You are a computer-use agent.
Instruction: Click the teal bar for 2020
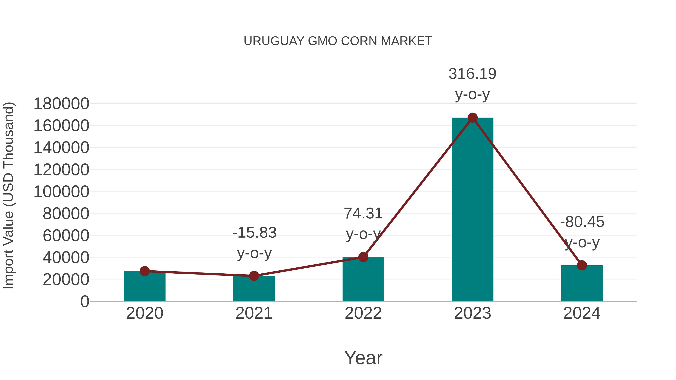[145, 287]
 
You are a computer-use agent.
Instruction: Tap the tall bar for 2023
[472, 210]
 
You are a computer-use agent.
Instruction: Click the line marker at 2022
[363, 257]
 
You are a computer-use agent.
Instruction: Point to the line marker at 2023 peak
[472, 118]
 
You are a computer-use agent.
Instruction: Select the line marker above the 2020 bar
[145, 271]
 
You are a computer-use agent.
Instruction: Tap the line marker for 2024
[582, 265]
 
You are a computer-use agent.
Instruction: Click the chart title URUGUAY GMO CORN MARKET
[338, 41]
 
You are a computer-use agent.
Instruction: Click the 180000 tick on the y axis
[61, 104]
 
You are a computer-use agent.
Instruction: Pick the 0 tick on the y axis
[85, 301]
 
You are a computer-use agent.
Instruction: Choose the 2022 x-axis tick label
[363, 313]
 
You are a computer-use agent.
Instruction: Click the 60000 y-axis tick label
[66, 236]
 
